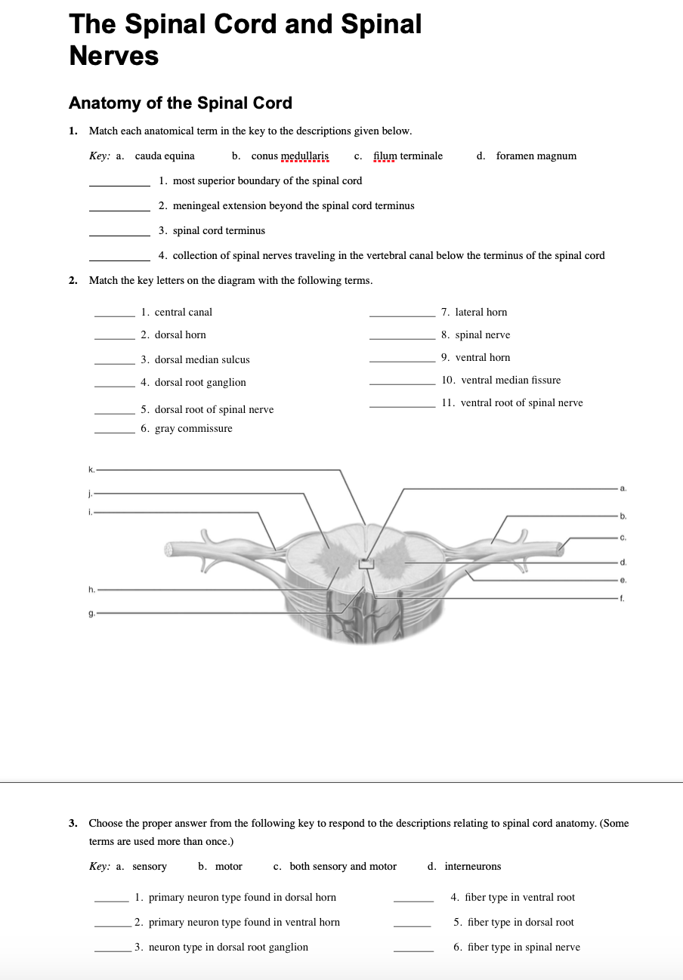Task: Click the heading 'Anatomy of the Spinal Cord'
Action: (x=180, y=103)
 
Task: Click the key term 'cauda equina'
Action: (x=165, y=156)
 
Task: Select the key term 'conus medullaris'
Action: (x=289, y=156)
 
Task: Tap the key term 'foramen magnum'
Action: (x=536, y=156)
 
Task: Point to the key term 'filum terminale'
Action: (x=408, y=156)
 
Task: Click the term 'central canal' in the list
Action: (x=184, y=313)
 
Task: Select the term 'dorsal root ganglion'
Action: (x=200, y=383)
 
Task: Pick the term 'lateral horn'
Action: (x=481, y=313)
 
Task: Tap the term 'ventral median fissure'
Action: (x=511, y=381)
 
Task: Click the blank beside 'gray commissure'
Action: (x=114, y=433)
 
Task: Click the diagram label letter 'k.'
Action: (x=91, y=470)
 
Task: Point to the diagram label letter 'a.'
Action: (x=623, y=489)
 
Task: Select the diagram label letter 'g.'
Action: (x=91, y=613)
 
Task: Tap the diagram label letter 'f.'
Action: (x=623, y=598)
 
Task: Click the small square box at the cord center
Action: (x=366, y=563)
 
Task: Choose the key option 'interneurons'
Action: (x=472, y=867)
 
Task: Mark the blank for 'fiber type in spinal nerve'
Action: (x=413, y=951)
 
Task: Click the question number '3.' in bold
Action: (x=73, y=824)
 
